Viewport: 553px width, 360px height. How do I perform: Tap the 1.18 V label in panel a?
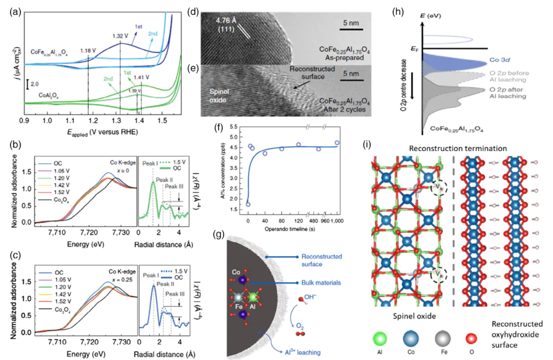(88, 51)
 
